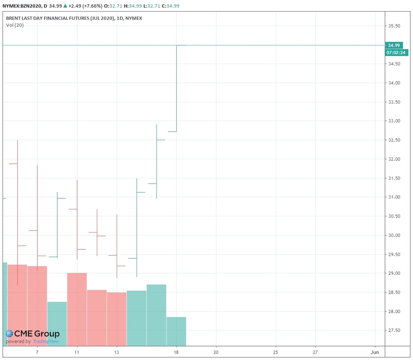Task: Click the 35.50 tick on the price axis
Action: pos(394,26)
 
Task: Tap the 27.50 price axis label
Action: pos(394,330)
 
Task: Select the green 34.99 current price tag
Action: pos(394,45)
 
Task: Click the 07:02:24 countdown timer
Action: pos(396,53)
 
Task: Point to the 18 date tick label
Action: pos(176,352)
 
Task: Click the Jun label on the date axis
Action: pos(375,352)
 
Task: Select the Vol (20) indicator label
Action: pos(15,25)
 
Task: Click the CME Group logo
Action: pos(33,334)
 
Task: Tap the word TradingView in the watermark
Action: pos(46,342)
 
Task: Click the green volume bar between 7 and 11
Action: pos(57,324)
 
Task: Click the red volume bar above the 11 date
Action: pos(77,309)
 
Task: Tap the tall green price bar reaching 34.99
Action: pos(176,88)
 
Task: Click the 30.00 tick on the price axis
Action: pos(394,236)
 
